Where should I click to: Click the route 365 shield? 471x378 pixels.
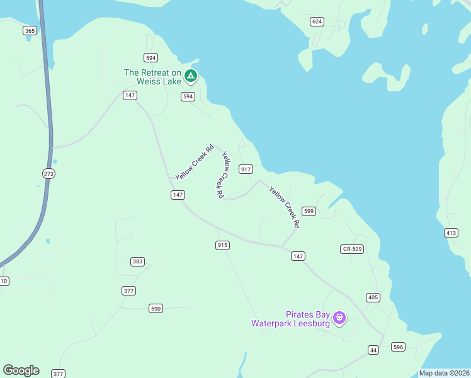pos(30,30)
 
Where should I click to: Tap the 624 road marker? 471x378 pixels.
pos(317,22)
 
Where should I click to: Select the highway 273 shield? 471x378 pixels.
pos(49,173)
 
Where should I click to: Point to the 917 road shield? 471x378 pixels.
pos(246,169)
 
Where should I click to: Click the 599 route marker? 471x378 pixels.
pos(309,211)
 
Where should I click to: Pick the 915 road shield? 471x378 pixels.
pos(222,245)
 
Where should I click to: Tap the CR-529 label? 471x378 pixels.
pos(352,249)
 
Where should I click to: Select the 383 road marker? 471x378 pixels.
pos(138,261)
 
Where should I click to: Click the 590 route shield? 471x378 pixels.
pos(156,308)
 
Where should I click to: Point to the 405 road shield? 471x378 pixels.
pos(373,297)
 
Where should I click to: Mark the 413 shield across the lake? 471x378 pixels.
pos(451,233)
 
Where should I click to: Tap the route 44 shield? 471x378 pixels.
pos(373,350)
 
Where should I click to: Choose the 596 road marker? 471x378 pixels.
pos(398,346)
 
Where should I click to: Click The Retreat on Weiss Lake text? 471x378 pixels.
pos(153,77)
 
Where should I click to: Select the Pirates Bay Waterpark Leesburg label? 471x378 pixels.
pos(291,319)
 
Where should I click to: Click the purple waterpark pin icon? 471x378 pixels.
pos(340,318)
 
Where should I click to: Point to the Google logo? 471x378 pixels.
pos(21,370)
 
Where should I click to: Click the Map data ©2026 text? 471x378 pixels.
pos(445,373)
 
